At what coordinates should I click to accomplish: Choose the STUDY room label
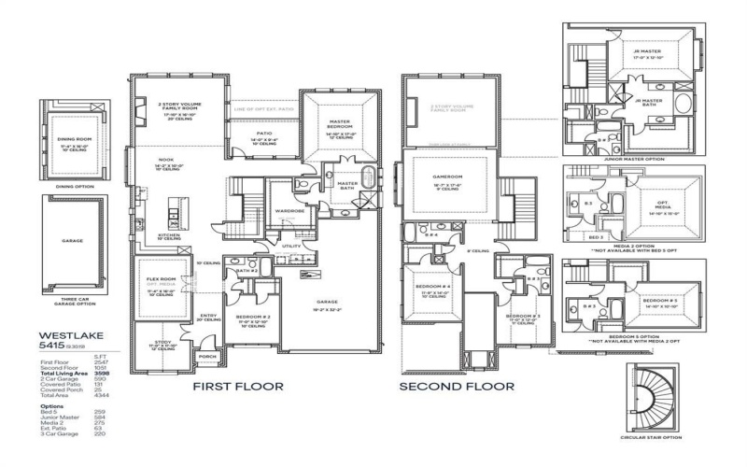(x=163, y=343)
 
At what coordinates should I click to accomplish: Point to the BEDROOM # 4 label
(x=435, y=286)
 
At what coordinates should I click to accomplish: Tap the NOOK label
(x=165, y=159)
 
